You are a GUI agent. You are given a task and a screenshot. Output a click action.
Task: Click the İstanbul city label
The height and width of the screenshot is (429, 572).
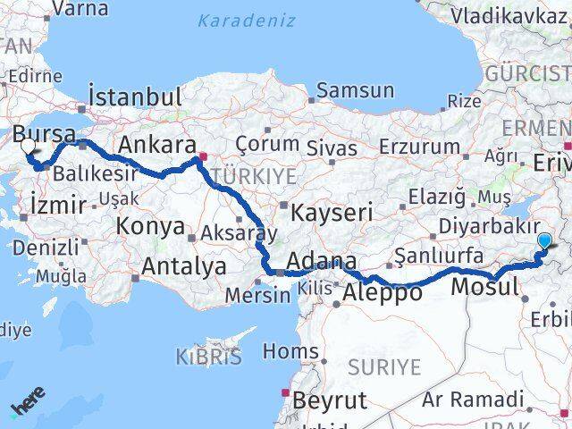click(x=135, y=97)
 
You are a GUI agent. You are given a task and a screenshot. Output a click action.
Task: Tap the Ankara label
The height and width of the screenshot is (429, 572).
click(x=157, y=145)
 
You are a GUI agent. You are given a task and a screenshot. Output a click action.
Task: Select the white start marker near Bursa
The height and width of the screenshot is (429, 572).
click(x=29, y=147)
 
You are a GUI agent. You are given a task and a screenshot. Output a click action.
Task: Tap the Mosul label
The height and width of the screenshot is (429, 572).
click(x=484, y=287)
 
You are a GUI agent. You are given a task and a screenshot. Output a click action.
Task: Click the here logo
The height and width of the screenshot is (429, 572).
click(x=27, y=407)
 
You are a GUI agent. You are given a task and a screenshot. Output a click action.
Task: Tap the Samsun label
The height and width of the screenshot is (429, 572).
click(x=355, y=90)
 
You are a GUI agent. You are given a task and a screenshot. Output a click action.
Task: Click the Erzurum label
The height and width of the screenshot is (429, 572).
click(x=418, y=146)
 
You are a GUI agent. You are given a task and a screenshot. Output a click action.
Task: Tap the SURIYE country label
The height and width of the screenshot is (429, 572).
click(x=383, y=366)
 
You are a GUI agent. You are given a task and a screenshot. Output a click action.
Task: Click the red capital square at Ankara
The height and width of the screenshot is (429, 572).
click(x=203, y=157)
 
